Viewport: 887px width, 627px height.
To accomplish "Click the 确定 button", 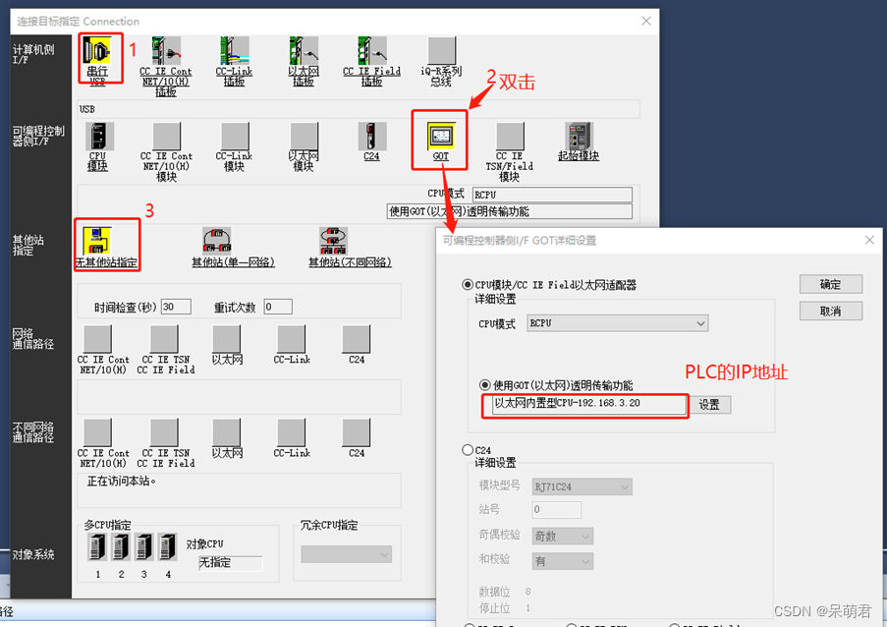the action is (x=830, y=284).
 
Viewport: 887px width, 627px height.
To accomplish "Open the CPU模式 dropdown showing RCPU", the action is (x=617, y=323).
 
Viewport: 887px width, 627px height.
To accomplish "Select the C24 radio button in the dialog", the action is (x=468, y=450).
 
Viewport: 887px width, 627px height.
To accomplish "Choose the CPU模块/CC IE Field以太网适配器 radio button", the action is (x=468, y=285).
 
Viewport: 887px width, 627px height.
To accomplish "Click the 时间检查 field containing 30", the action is (x=176, y=307).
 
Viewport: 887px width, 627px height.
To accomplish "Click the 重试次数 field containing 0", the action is (x=277, y=307).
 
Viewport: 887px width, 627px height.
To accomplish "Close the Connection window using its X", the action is (x=645, y=21).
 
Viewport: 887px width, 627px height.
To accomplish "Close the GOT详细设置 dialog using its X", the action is (x=869, y=240).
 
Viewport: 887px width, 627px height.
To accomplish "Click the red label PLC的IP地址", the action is (x=737, y=372).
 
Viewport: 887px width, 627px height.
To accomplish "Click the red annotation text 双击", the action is (x=517, y=82).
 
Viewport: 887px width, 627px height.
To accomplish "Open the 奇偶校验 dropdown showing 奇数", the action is (x=564, y=537).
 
